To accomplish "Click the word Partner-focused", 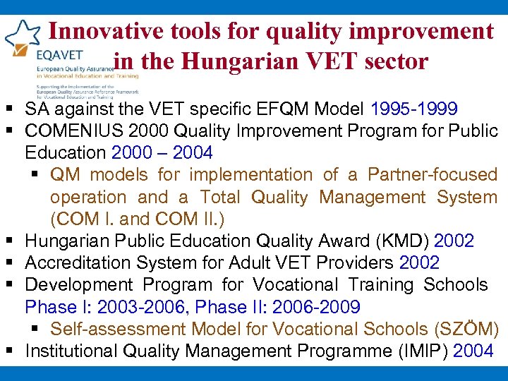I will (x=433, y=174).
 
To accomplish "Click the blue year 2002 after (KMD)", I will (x=454, y=241).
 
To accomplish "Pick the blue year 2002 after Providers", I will (x=419, y=263).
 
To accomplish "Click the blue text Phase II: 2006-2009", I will (x=278, y=307).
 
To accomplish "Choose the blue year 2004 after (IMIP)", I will (x=473, y=351).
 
